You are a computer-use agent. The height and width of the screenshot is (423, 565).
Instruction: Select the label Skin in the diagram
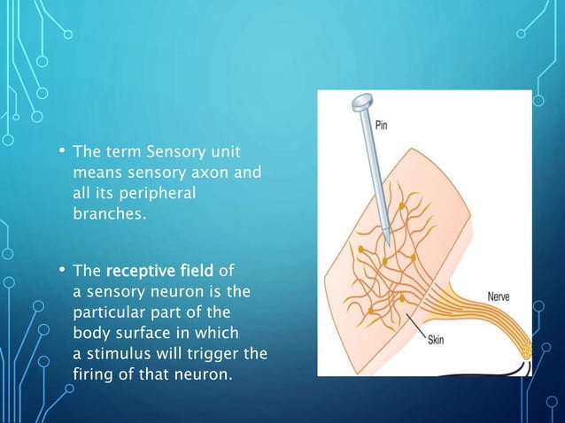[x=437, y=341]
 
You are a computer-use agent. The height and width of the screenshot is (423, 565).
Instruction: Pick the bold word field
[x=203, y=269]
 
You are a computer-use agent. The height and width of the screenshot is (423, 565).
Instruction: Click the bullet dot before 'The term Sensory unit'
[x=62, y=151]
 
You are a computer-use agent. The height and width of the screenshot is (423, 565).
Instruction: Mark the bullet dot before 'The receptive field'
[x=62, y=268]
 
